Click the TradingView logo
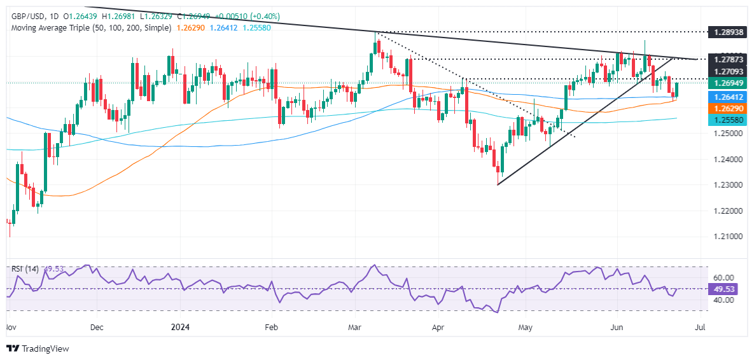tap(38, 349)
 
